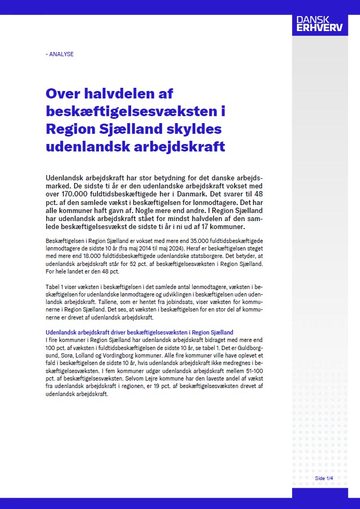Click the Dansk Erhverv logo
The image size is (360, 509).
(319, 24)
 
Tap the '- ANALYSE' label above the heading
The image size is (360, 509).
(60, 54)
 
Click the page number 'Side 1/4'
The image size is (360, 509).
(324, 477)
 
